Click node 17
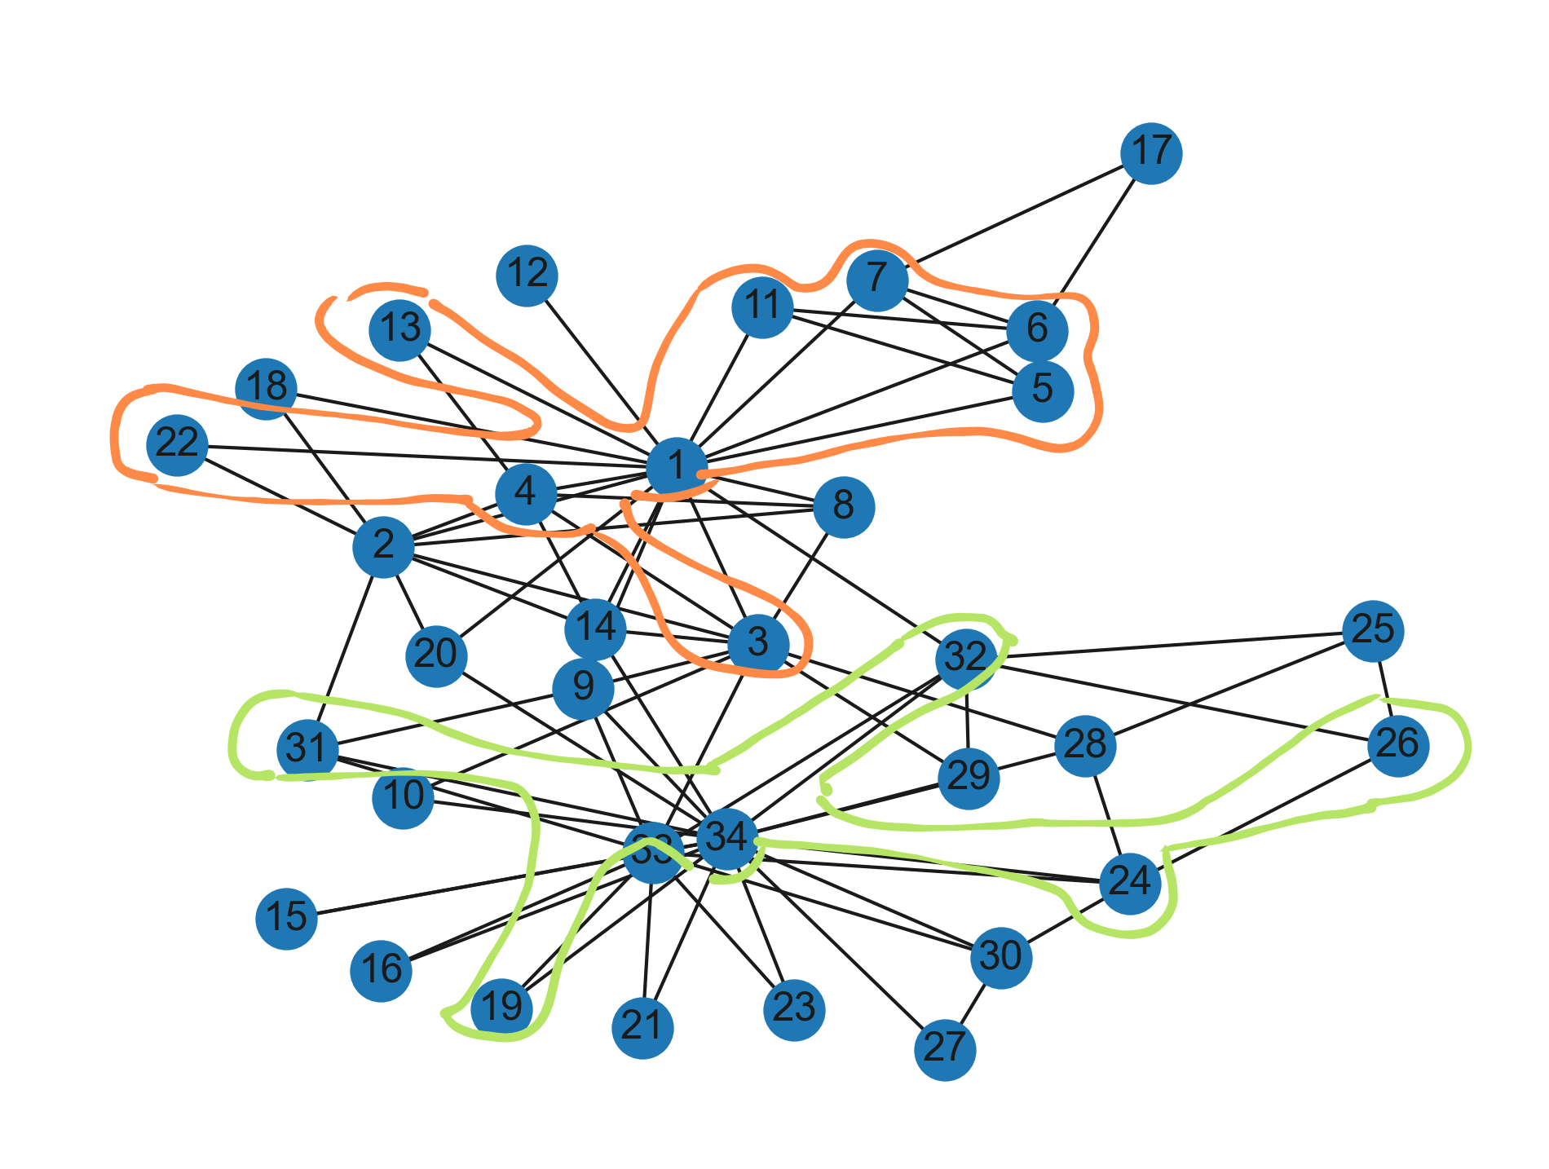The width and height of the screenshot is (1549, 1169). click(1151, 153)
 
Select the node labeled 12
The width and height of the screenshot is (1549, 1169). click(527, 275)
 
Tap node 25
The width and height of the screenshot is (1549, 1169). click(1373, 630)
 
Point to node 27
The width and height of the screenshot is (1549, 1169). click(945, 1048)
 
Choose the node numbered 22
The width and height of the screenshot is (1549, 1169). click(177, 444)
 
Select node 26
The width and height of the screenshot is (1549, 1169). click(1398, 745)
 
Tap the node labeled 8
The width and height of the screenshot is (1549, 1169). click(844, 507)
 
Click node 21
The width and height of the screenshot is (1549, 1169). click(642, 1027)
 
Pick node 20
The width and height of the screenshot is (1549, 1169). click(436, 655)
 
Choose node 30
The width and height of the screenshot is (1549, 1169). click(1001, 957)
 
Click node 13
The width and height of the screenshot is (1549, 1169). click(399, 330)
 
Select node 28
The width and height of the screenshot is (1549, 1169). click(1085, 745)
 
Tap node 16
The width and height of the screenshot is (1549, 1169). click(381, 970)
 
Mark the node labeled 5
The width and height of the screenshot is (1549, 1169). click(1043, 390)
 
